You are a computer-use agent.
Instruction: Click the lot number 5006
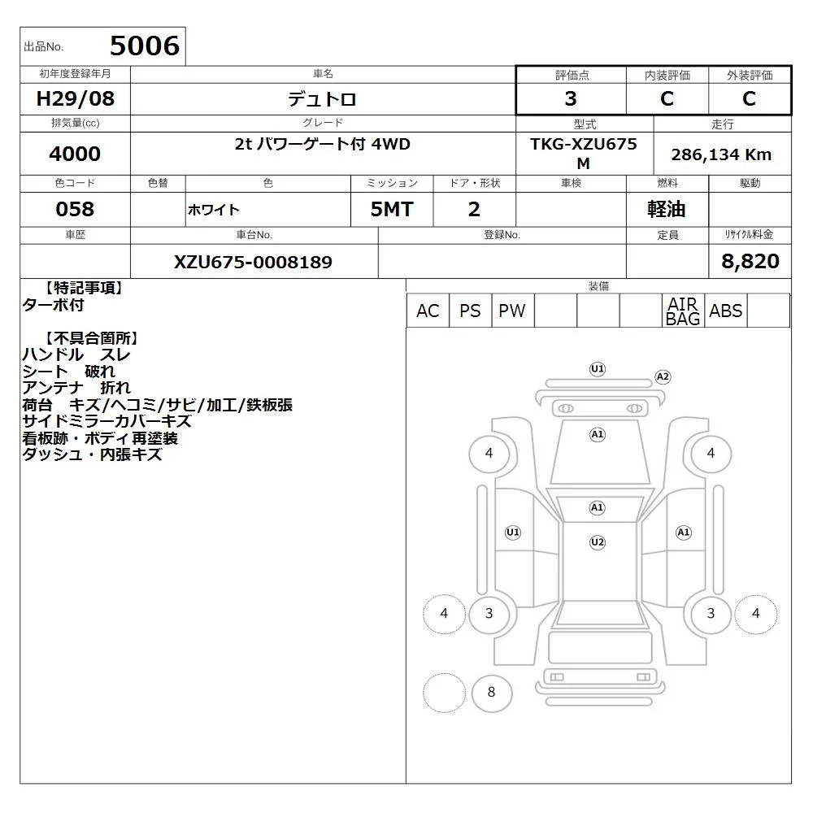[x=145, y=46]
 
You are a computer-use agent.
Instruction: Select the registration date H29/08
[x=75, y=98]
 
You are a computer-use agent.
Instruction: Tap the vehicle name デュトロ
[x=322, y=99]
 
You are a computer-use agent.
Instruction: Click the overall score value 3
[x=571, y=98]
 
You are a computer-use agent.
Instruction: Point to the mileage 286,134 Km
[x=721, y=154]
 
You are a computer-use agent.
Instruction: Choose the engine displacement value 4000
[x=75, y=154]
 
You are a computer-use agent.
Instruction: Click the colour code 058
[x=75, y=209]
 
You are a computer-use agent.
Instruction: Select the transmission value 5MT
[x=392, y=210]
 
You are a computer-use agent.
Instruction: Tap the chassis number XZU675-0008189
[x=253, y=262]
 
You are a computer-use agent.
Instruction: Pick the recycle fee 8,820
[x=750, y=261]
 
